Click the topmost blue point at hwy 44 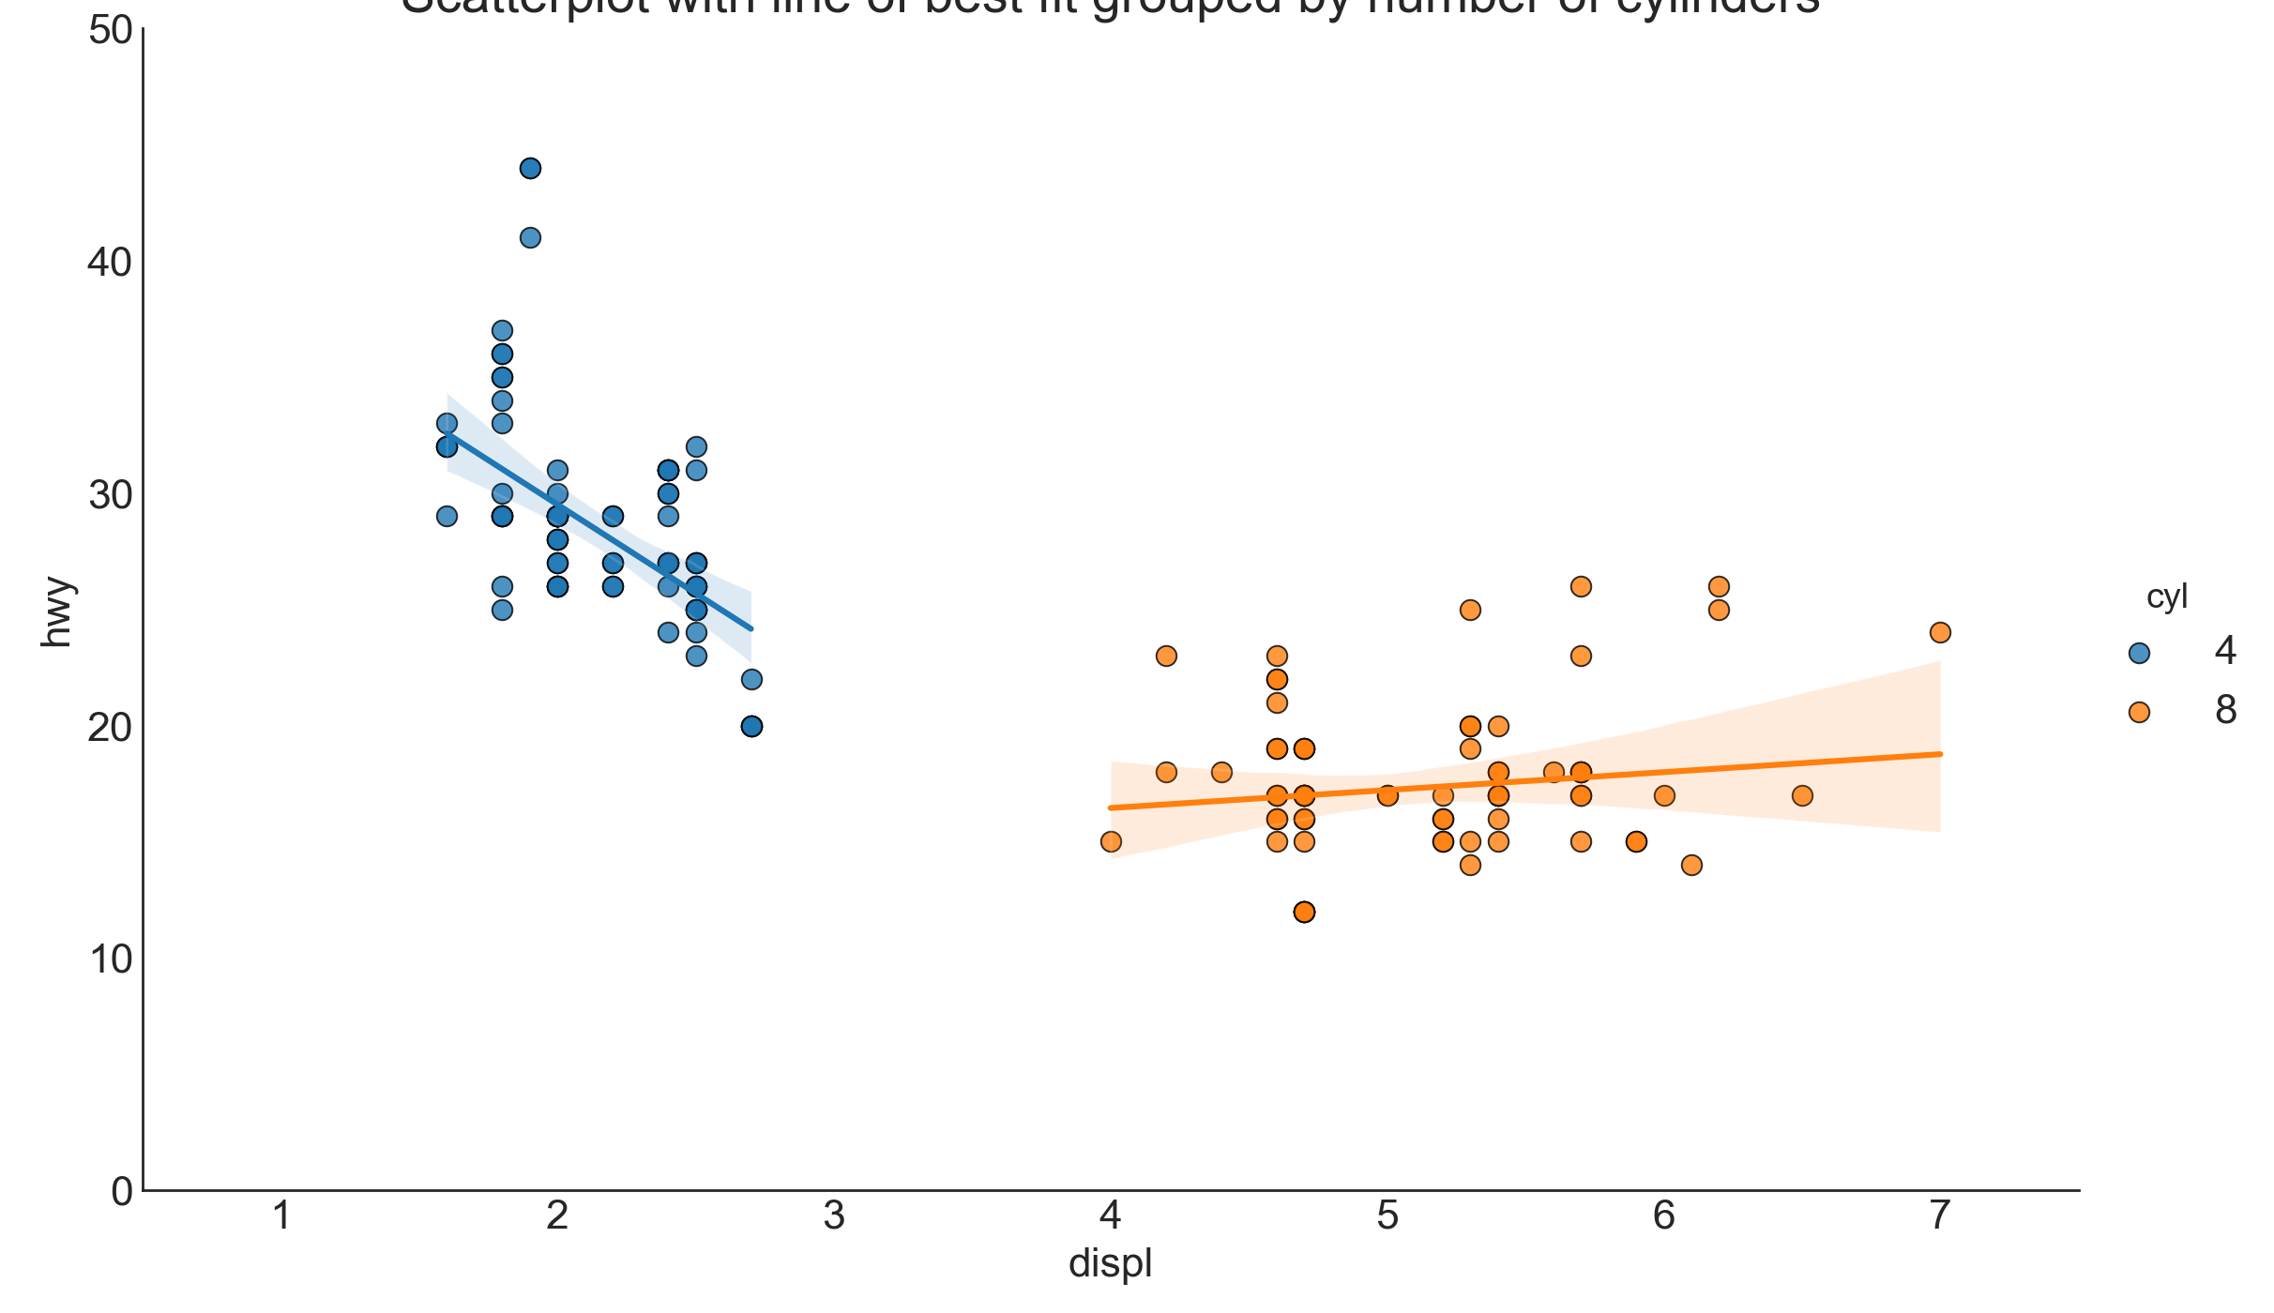pos(530,169)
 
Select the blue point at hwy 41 pos(530,238)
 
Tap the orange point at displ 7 pos(1940,633)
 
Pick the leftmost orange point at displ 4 pos(1111,841)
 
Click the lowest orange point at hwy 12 pos(1304,912)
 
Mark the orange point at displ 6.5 pos(1802,796)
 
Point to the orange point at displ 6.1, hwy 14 pos(1691,865)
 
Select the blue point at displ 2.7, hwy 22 pos(751,679)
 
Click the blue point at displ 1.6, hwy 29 pos(447,517)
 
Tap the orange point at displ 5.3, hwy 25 pos(1470,610)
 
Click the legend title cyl pos(2167,597)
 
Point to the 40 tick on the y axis pos(110,263)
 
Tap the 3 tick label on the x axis pos(834,1216)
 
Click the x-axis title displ pos(1111,1264)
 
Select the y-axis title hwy pos(56,611)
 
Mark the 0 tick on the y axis pos(122,1192)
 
